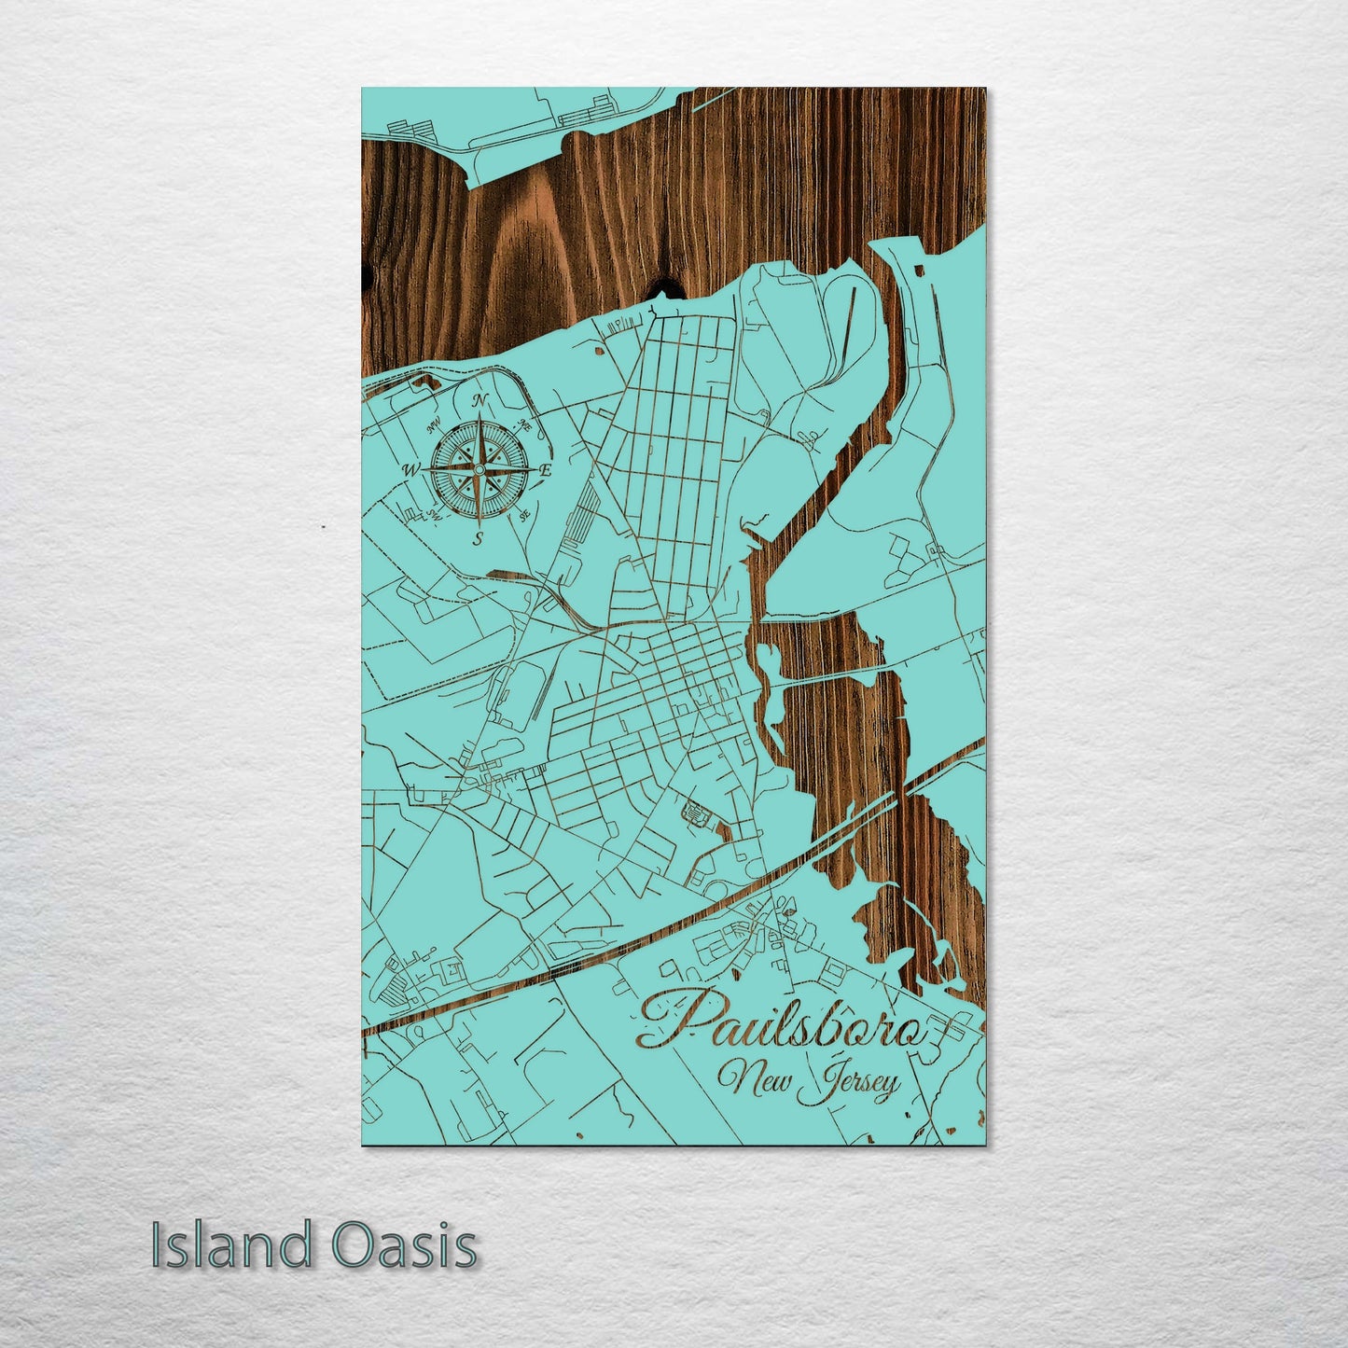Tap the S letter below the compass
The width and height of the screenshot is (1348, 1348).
(x=478, y=538)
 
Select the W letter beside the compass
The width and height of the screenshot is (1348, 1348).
(x=410, y=469)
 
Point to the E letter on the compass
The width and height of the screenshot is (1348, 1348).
(x=547, y=472)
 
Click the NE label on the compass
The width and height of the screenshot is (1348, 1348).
(x=525, y=425)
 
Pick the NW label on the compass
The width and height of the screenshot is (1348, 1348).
(x=433, y=427)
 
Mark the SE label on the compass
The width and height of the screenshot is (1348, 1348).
(x=524, y=514)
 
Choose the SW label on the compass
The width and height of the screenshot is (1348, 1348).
(x=434, y=514)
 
